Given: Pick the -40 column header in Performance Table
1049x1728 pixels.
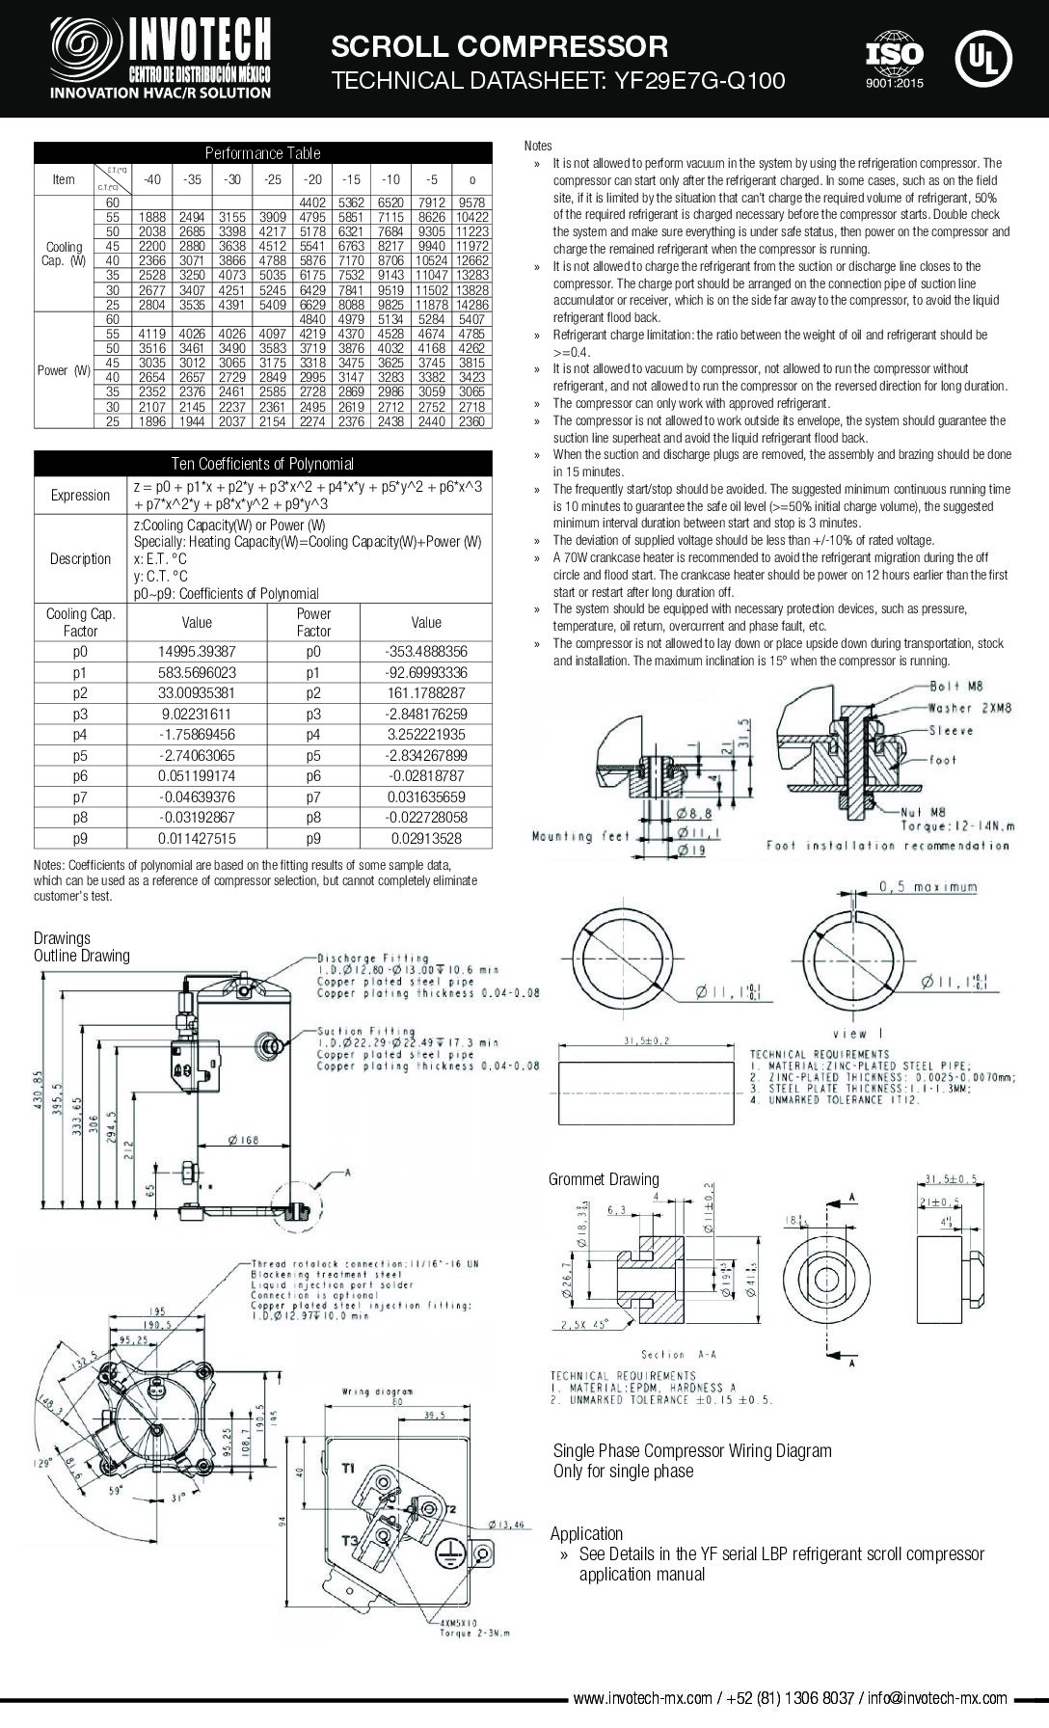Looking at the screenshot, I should pyautogui.click(x=151, y=179).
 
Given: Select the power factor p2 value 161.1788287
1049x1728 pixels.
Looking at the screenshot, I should pyautogui.click(x=425, y=692).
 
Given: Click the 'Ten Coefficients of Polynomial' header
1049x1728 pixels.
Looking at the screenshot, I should pyautogui.click(x=262, y=464).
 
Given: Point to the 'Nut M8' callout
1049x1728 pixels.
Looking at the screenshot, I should pyautogui.click(x=925, y=812).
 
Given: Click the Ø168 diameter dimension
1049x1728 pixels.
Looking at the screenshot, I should pyautogui.click(x=243, y=1141).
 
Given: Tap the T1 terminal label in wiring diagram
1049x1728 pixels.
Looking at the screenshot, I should pyautogui.click(x=348, y=1469).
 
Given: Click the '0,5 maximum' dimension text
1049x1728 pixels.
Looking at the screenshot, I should pyautogui.click(x=927, y=886).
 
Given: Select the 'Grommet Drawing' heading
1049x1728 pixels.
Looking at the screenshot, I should pyautogui.click(x=604, y=1178).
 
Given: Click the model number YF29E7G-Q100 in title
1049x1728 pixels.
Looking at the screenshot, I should pyautogui.click(x=693, y=81).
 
